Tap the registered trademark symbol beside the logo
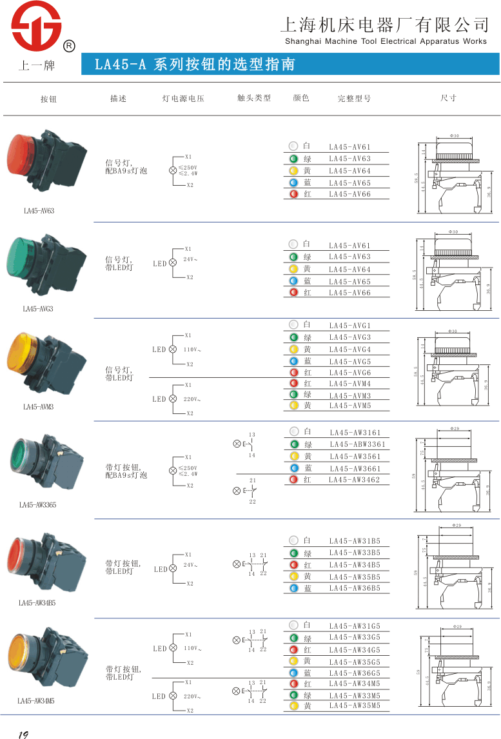69,46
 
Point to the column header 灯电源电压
183,99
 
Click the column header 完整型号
354,99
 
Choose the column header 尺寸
448,98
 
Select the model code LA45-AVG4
350,350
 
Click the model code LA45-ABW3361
357,444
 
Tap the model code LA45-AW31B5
355,541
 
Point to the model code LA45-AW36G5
355,673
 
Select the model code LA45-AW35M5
355,706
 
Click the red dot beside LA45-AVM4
293,384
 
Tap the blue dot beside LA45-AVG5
293,361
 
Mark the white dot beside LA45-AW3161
293,431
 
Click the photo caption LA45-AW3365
37,505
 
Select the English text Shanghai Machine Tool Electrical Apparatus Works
386,41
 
